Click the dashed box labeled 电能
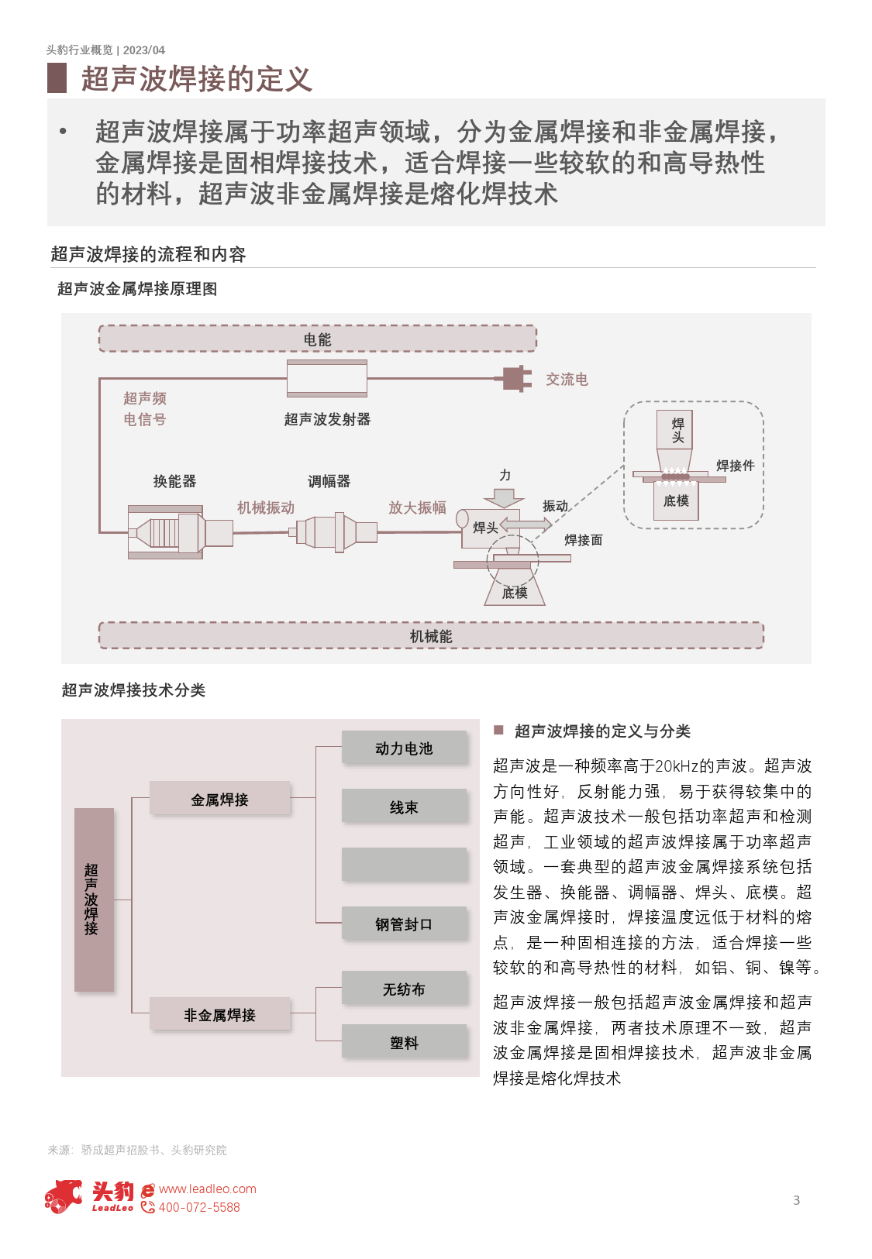tap(317, 339)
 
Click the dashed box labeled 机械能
tap(431, 635)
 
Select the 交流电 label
tap(567, 380)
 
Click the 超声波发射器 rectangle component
tap(326, 379)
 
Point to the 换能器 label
tap(174, 481)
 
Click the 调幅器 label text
tap(329, 481)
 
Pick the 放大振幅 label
tap(417, 507)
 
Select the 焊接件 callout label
tap(735, 466)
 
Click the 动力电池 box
tap(404, 748)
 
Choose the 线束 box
tap(404, 807)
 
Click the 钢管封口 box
tap(404, 924)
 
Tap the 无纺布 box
tap(404, 989)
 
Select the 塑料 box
tap(404, 1043)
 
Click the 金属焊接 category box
tap(219, 800)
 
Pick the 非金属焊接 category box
tap(219, 1015)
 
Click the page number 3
tap(796, 1200)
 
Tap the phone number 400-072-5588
tap(199, 1207)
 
